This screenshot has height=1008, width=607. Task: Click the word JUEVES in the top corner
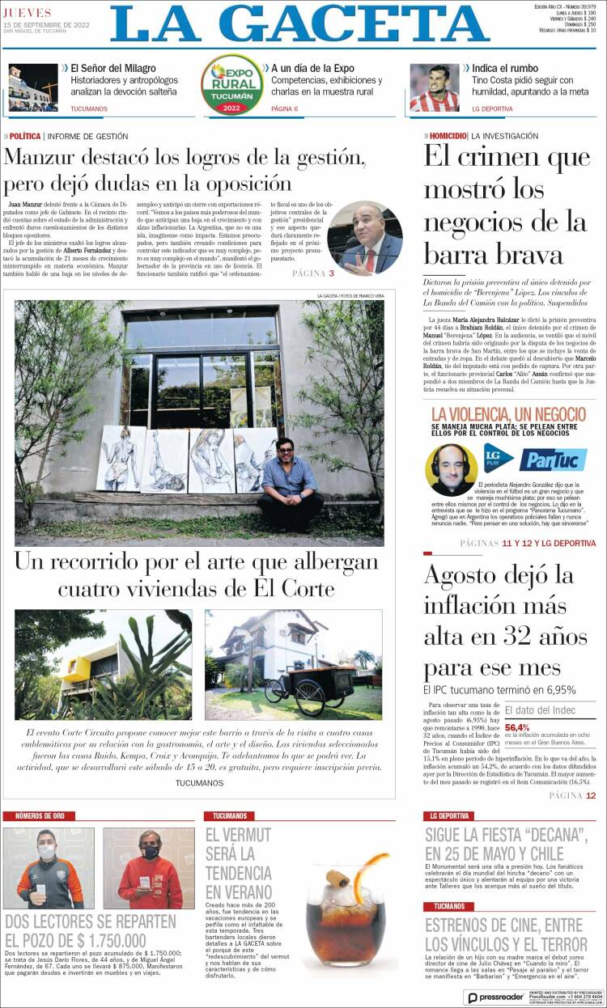click(x=28, y=13)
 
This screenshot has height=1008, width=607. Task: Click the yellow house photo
click(x=104, y=664)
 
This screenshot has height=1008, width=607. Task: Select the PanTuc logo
click(x=554, y=460)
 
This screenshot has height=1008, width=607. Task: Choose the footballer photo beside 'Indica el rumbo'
click(x=435, y=87)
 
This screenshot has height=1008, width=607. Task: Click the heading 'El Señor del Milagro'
click(x=112, y=69)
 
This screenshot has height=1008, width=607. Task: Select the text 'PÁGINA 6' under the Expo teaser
click(x=285, y=108)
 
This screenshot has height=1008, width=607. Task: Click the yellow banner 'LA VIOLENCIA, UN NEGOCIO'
click(x=509, y=414)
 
